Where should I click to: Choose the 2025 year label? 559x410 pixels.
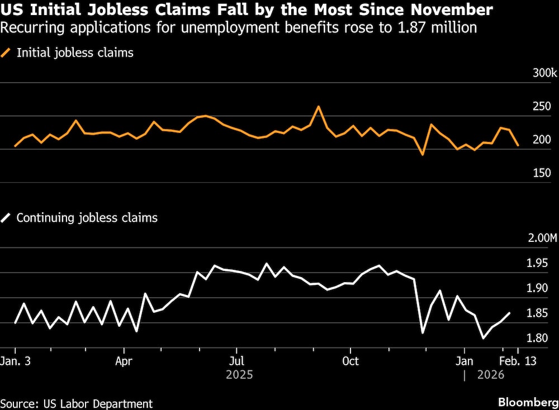(239, 374)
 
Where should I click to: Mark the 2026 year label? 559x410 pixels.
(491, 374)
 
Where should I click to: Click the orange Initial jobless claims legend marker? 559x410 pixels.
(6, 53)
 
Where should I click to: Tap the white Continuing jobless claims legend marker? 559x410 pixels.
(6, 218)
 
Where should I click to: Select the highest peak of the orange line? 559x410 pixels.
(318, 106)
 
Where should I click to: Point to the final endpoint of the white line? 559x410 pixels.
(509, 313)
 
